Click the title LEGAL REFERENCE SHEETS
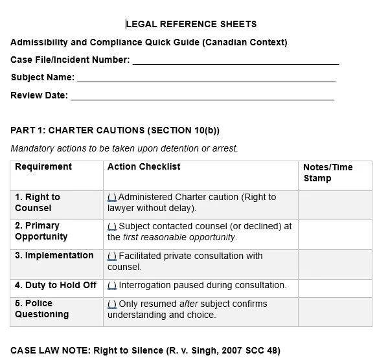click(191, 24)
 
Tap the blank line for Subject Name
click(206, 79)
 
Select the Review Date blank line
click(201, 97)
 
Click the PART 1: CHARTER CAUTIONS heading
click(115, 130)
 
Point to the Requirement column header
click(43, 166)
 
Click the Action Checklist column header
click(144, 166)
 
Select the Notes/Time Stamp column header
click(328, 172)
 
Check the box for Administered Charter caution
click(112, 197)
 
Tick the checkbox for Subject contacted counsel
click(112, 226)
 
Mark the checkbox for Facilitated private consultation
click(112, 256)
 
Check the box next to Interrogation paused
click(112, 285)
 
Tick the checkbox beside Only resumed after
click(112, 304)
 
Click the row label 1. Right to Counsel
click(38, 202)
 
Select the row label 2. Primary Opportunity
click(41, 231)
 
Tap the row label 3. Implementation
click(54, 255)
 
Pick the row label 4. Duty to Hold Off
click(56, 285)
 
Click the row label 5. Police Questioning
click(41, 309)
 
